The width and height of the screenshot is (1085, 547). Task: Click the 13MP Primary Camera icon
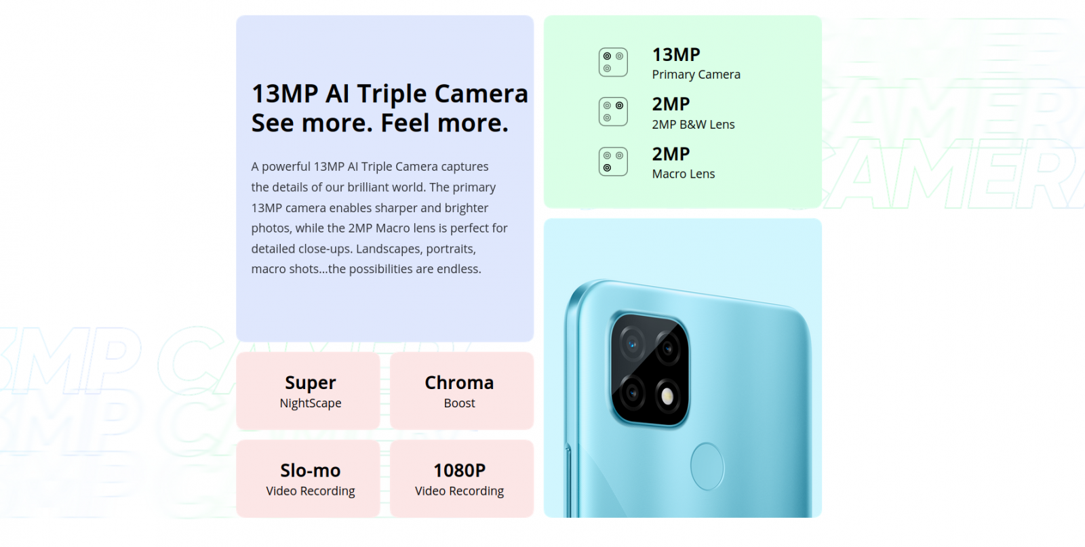[613, 62]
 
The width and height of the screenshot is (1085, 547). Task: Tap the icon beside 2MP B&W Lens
[613, 112]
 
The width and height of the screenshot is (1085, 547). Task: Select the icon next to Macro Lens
[613, 162]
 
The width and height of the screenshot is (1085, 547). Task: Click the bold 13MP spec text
[675, 55]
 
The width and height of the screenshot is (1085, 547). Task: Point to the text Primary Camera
[696, 75]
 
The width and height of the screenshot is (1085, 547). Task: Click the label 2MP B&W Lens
[693, 125]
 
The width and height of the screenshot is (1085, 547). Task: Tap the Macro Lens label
[683, 174]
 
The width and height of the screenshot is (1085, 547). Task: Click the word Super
[310, 383]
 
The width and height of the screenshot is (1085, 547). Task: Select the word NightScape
[311, 403]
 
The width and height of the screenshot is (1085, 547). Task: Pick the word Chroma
[459, 382]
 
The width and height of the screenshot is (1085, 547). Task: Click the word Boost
[459, 403]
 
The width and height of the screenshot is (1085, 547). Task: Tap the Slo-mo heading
[311, 470]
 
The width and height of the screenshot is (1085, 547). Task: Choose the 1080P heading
[459, 470]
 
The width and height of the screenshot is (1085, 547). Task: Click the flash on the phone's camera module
[667, 396]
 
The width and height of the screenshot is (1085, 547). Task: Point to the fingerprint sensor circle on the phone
[707, 466]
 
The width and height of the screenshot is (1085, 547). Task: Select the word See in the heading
[273, 123]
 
